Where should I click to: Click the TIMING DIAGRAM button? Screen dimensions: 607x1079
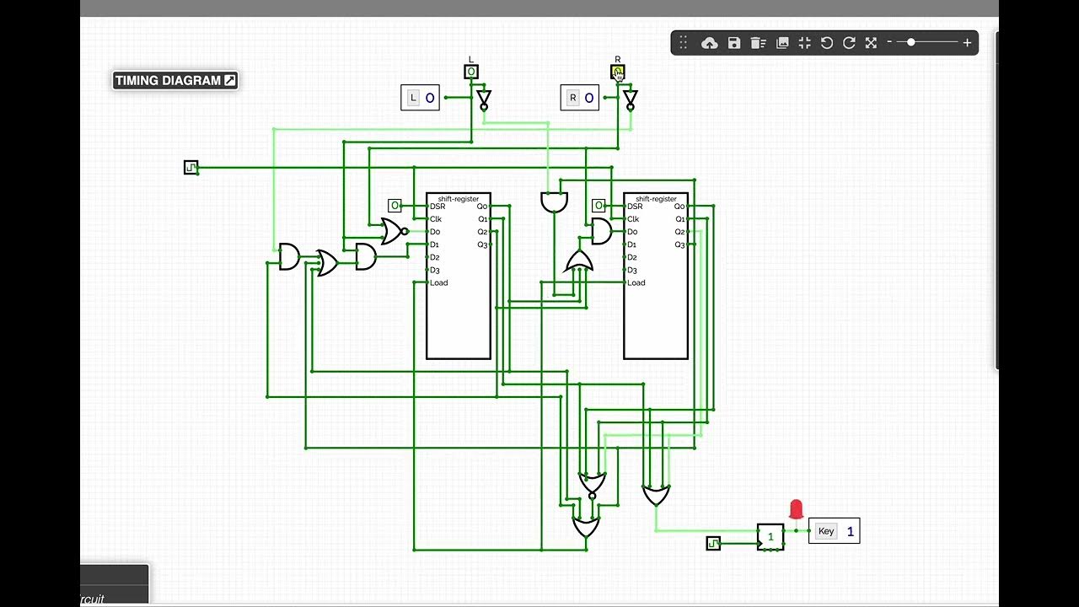tap(175, 81)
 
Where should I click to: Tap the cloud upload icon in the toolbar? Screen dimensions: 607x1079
tap(710, 43)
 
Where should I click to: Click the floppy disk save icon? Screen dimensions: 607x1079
tap(734, 43)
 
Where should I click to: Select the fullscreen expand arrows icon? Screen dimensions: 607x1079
tap(872, 43)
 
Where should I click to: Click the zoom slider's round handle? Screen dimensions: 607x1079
tap(911, 42)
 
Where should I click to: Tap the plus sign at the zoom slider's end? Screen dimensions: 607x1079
tap(967, 42)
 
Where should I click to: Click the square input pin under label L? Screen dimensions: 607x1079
tap(471, 73)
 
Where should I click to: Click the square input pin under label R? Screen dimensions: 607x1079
tap(617, 73)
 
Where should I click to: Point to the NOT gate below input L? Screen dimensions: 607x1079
tap(483, 100)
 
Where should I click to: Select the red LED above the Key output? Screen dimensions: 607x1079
tap(796, 509)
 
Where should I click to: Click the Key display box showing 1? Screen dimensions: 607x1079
tap(834, 531)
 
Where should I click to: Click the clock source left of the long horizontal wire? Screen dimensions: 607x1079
tap(191, 168)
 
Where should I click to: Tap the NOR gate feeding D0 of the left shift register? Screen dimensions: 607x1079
tap(392, 231)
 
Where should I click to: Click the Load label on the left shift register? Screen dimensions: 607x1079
tap(439, 283)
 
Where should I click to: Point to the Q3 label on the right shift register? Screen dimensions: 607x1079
tap(679, 244)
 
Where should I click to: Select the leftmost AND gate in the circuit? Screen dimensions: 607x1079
tap(288, 257)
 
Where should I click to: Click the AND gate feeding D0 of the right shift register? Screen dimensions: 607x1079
tap(601, 231)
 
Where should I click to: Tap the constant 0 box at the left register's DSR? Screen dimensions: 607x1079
tap(395, 206)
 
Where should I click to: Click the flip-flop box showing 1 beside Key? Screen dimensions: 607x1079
tap(770, 537)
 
